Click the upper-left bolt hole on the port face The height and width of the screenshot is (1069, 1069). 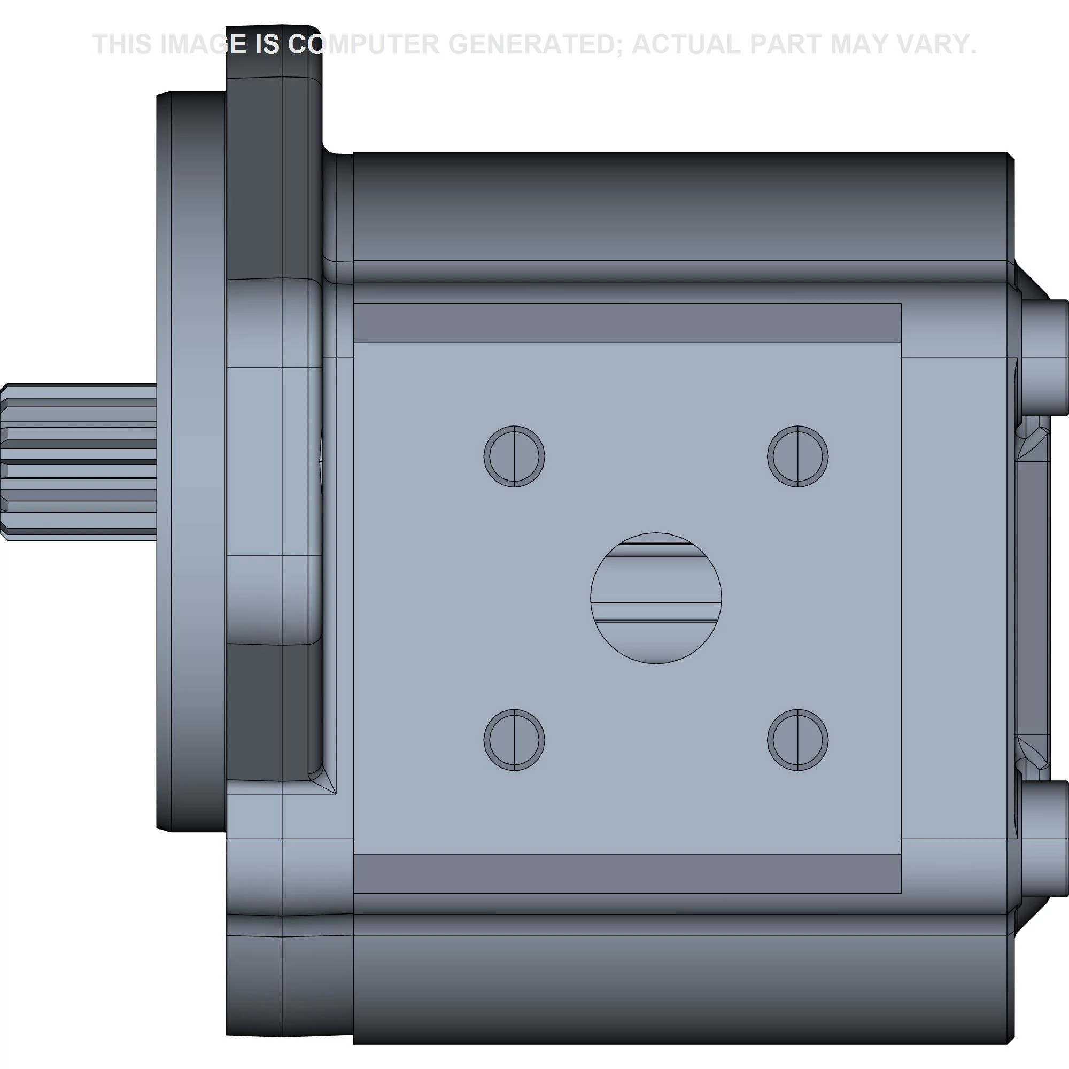point(514,456)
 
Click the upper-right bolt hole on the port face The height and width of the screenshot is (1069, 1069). point(797,456)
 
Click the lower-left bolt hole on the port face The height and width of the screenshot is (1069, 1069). point(514,740)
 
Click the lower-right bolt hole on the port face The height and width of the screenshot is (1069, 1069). point(797,740)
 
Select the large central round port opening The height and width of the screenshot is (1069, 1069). point(656,598)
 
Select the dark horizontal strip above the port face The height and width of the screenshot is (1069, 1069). point(627,323)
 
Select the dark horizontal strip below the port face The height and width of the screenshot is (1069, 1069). point(627,874)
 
